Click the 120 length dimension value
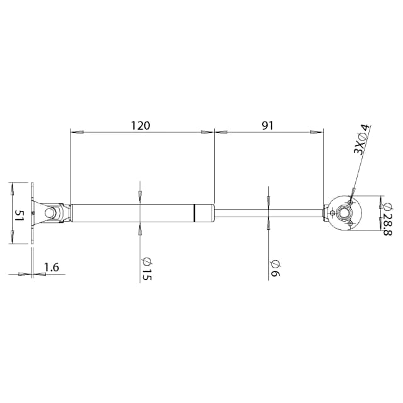[140, 125]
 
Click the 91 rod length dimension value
[268, 125]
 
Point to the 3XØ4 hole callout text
[361, 140]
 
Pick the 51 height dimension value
[20, 214]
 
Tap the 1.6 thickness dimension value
[52, 268]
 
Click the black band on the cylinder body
[195, 213]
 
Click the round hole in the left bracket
[49, 213]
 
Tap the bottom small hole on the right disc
[351, 223]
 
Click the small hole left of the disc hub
[332, 213]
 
